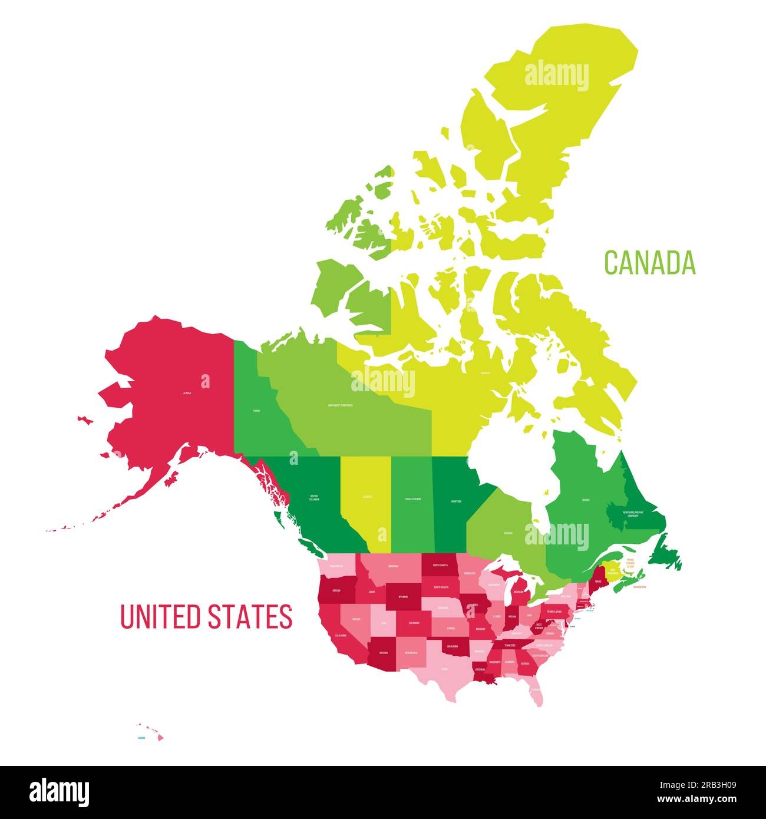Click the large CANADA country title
pos(650,263)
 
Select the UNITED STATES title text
pos(206,616)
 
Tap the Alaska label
pos(187,392)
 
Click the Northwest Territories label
pos(340,405)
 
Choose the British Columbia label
pos(314,498)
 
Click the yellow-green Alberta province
pos(367,501)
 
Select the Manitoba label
pos(456,501)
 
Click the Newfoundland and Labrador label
pos(633,514)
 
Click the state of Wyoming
pos(404,596)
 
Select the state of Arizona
pos(384,653)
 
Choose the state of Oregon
pos(336,590)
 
